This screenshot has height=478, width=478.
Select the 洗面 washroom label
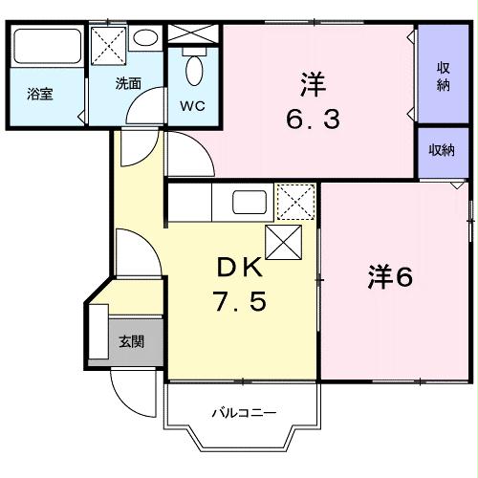click(x=129, y=83)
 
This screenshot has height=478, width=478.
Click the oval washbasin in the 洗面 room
click(x=146, y=39)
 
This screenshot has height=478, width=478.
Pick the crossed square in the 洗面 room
click(x=108, y=46)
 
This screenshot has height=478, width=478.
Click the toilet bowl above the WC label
click(x=195, y=69)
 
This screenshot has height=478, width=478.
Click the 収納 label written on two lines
click(x=445, y=76)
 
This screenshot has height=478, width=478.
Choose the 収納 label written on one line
click(x=442, y=150)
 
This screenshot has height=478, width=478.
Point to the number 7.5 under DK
click(x=239, y=305)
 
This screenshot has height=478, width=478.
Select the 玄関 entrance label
click(x=131, y=341)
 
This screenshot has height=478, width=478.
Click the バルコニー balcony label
click(x=244, y=413)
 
